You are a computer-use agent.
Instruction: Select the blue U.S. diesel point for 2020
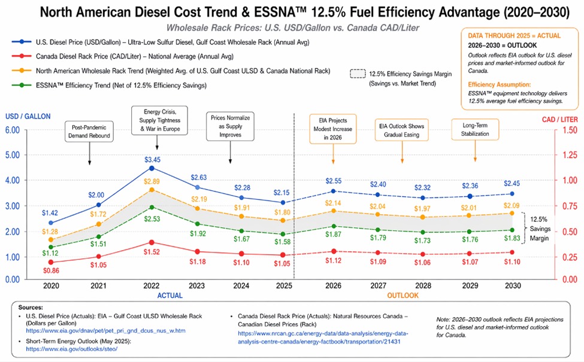pyautogui.click(x=50, y=223)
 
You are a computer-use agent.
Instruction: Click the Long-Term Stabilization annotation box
pyautogui.click(x=476, y=130)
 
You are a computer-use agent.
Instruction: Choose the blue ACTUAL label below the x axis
pyautogui.click(x=170, y=296)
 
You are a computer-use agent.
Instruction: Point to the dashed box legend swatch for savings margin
pyautogui.click(x=358, y=75)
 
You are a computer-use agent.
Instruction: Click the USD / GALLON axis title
pyautogui.click(x=29, y=116)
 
